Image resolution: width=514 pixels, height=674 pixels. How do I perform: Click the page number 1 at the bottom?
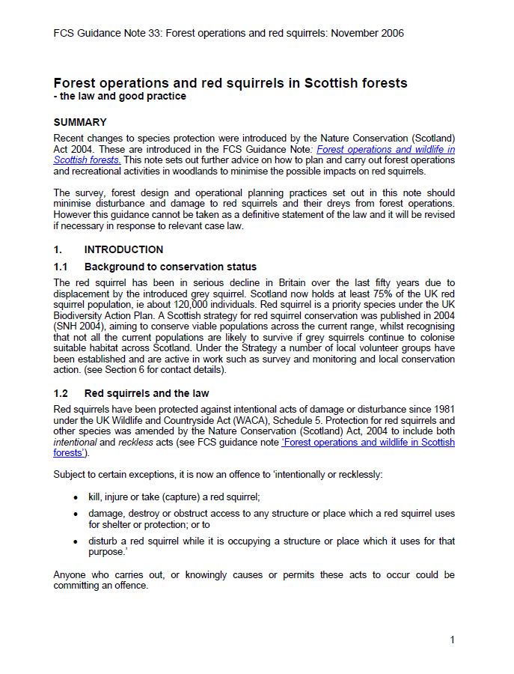(x=452, y=639)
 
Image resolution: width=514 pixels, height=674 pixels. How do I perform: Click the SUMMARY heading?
(x=80, y=122)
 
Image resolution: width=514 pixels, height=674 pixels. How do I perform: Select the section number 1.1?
(x=61, y=267)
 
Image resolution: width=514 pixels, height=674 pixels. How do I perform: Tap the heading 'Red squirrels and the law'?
(x=147, y=393)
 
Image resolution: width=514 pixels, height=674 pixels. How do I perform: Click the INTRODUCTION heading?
(x=123, y=249)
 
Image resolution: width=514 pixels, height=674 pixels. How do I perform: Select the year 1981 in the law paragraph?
(x=443, y=408)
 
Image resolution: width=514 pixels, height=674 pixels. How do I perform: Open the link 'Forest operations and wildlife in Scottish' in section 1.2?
(x=367, y=442)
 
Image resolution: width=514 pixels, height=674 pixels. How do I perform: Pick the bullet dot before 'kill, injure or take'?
(x=75, y=497)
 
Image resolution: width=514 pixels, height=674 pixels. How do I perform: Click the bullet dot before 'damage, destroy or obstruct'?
(x=75, y=514)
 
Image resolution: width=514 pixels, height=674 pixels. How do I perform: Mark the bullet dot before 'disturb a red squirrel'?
(x=75, y=541)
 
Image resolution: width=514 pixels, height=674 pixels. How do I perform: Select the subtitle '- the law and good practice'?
(x=120, y=97)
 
